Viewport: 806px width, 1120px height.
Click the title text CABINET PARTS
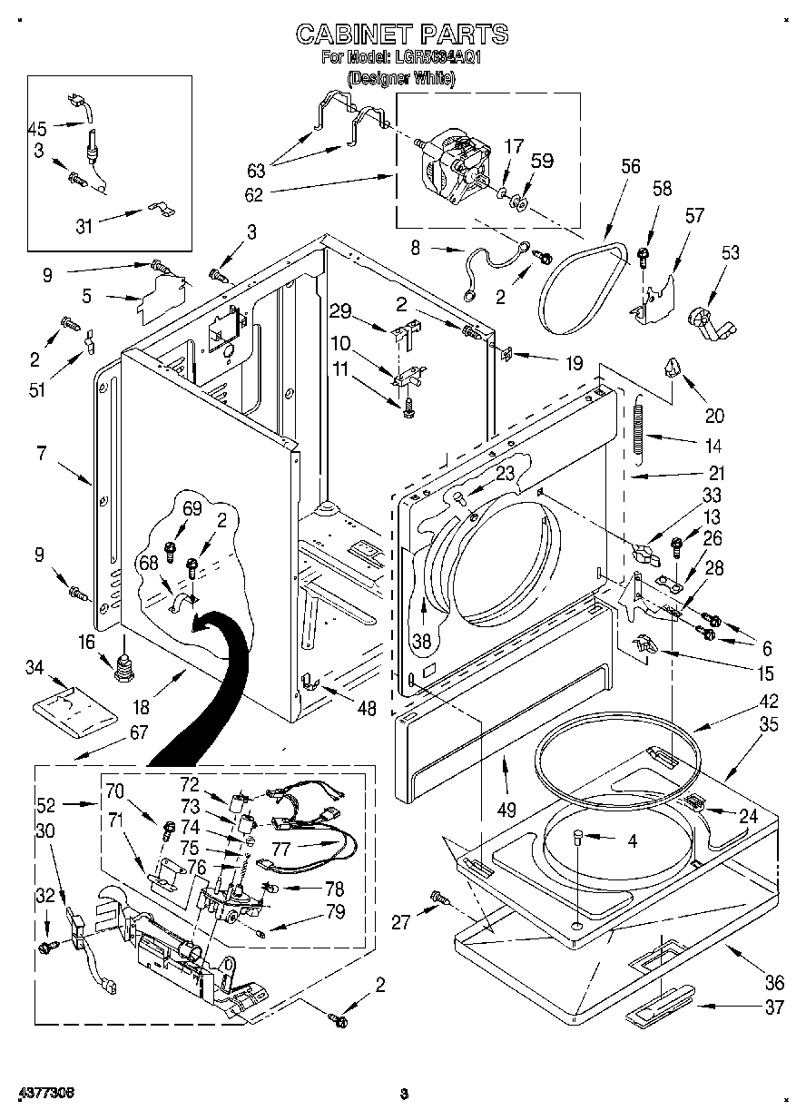[x=402, y=34]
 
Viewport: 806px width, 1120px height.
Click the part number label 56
[x=630, y=166]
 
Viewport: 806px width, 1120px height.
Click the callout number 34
[x=34, y=669]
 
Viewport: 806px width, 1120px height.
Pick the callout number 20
[x=714, y=416]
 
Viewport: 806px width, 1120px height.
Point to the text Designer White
[x=402, y=79]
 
